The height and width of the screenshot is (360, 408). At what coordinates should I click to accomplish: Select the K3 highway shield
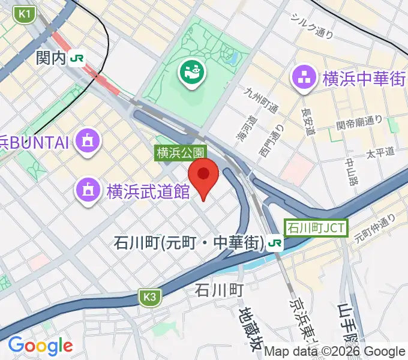151,296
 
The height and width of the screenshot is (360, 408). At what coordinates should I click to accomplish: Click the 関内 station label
51,58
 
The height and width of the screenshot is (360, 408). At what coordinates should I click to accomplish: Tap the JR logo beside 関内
77,58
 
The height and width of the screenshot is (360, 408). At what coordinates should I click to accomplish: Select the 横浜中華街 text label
364,79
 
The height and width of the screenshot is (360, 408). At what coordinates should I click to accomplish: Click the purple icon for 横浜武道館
88,191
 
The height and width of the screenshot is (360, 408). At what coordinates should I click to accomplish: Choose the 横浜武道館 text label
148,191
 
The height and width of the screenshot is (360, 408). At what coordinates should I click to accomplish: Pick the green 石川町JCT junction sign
316,228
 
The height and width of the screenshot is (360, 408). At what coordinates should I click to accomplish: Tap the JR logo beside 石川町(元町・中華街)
275,243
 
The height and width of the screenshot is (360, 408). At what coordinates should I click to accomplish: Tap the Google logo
40,346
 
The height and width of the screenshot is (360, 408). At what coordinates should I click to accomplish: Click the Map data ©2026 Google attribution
335,352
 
